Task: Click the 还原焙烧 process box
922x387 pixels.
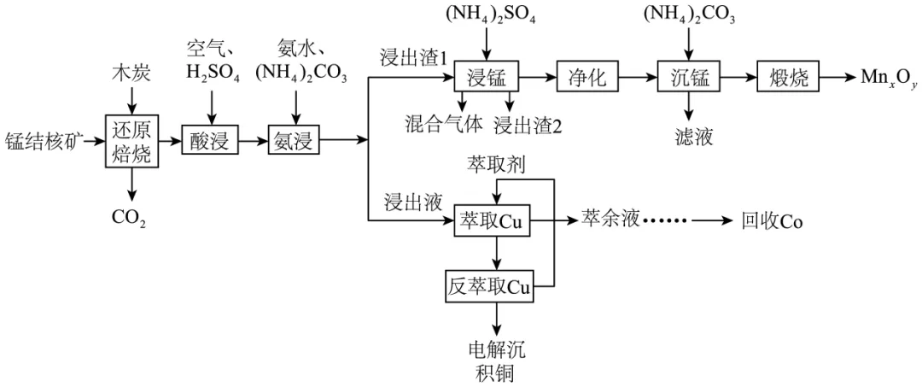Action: tap(131, 140)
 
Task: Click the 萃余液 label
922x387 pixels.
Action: tap(610, 220)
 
